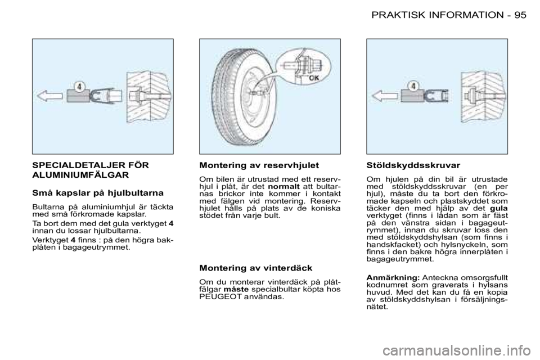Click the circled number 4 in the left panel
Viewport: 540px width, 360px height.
coord(80,87)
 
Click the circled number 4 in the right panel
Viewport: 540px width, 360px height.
coord(413,86)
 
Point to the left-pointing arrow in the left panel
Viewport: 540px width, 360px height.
coord(49,96)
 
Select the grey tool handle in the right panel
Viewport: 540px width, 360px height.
coord(412,96)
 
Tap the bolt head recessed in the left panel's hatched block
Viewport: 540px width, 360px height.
coord(134,96)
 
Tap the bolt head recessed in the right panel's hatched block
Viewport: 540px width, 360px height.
coord(468,96)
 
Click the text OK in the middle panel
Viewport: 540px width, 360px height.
coord(313,79)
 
